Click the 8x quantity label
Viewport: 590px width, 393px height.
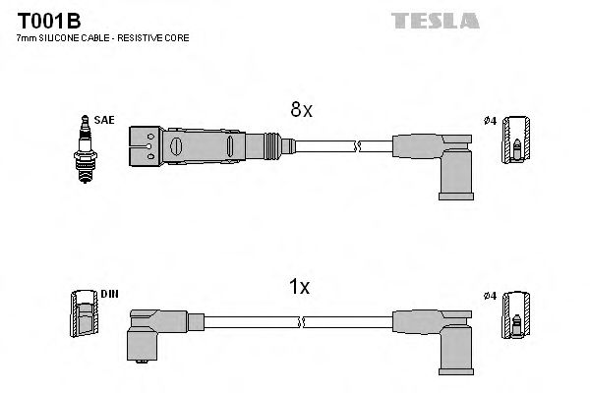point(301,111)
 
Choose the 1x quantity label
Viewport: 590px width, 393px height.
point(299,287)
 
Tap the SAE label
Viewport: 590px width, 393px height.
point(105,119)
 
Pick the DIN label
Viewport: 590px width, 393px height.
point(108,294)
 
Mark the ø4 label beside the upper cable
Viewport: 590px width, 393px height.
point(491,120)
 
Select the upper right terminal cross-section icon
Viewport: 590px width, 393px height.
point(515,141)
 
